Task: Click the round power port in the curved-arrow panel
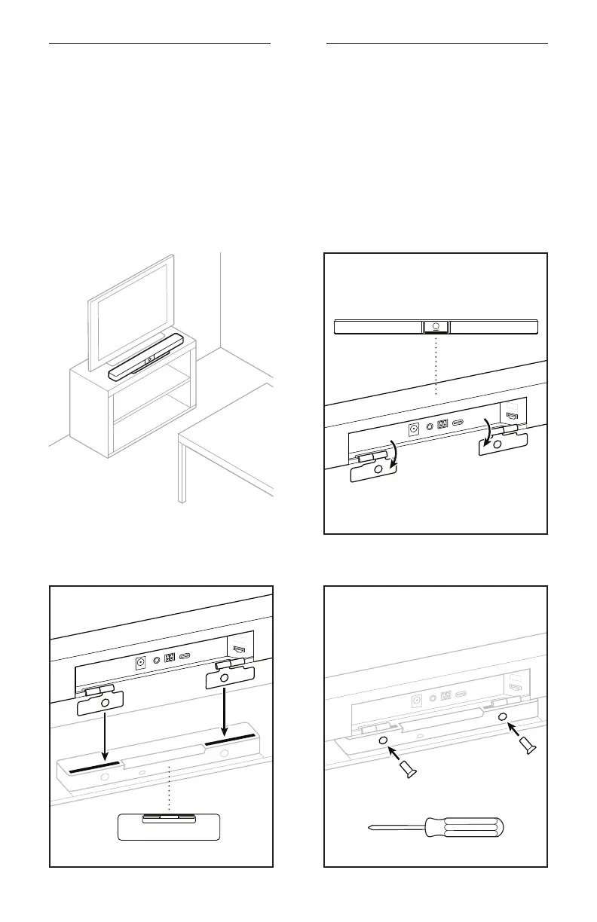pyautogui.click(x=413, y=430)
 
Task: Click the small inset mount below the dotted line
pyautogui.click(x=169, y=826)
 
